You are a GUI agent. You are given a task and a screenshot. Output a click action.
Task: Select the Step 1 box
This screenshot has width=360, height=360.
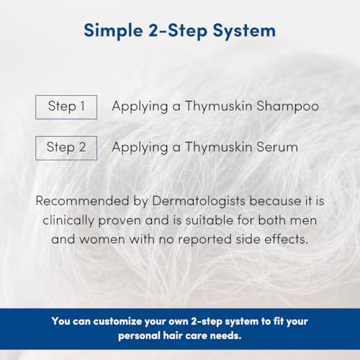[66, 107]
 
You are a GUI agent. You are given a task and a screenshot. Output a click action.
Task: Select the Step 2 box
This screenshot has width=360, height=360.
[66, 148]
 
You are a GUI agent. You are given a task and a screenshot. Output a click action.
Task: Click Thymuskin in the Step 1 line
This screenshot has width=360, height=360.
[212, 107]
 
